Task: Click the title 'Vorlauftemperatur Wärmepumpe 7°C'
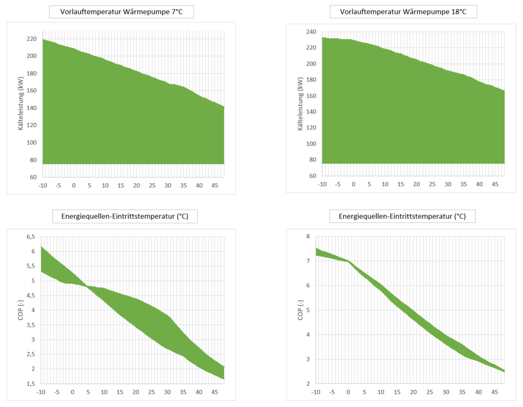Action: click(x=122, y=12)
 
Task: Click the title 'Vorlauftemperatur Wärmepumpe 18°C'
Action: click(x=403, y=12)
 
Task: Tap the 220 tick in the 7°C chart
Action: click(x=31, y=39)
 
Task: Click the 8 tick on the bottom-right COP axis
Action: click(x=307, y=237)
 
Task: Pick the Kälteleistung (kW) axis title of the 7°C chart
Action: click(x=21, y=108)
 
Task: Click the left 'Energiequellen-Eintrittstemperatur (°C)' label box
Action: click(x=125, y=217)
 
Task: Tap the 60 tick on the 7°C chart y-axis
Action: click(x=33, y=177)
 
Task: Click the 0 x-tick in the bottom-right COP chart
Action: click(x=348, y=392)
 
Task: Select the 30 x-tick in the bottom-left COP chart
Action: click(x=167, y=392)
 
